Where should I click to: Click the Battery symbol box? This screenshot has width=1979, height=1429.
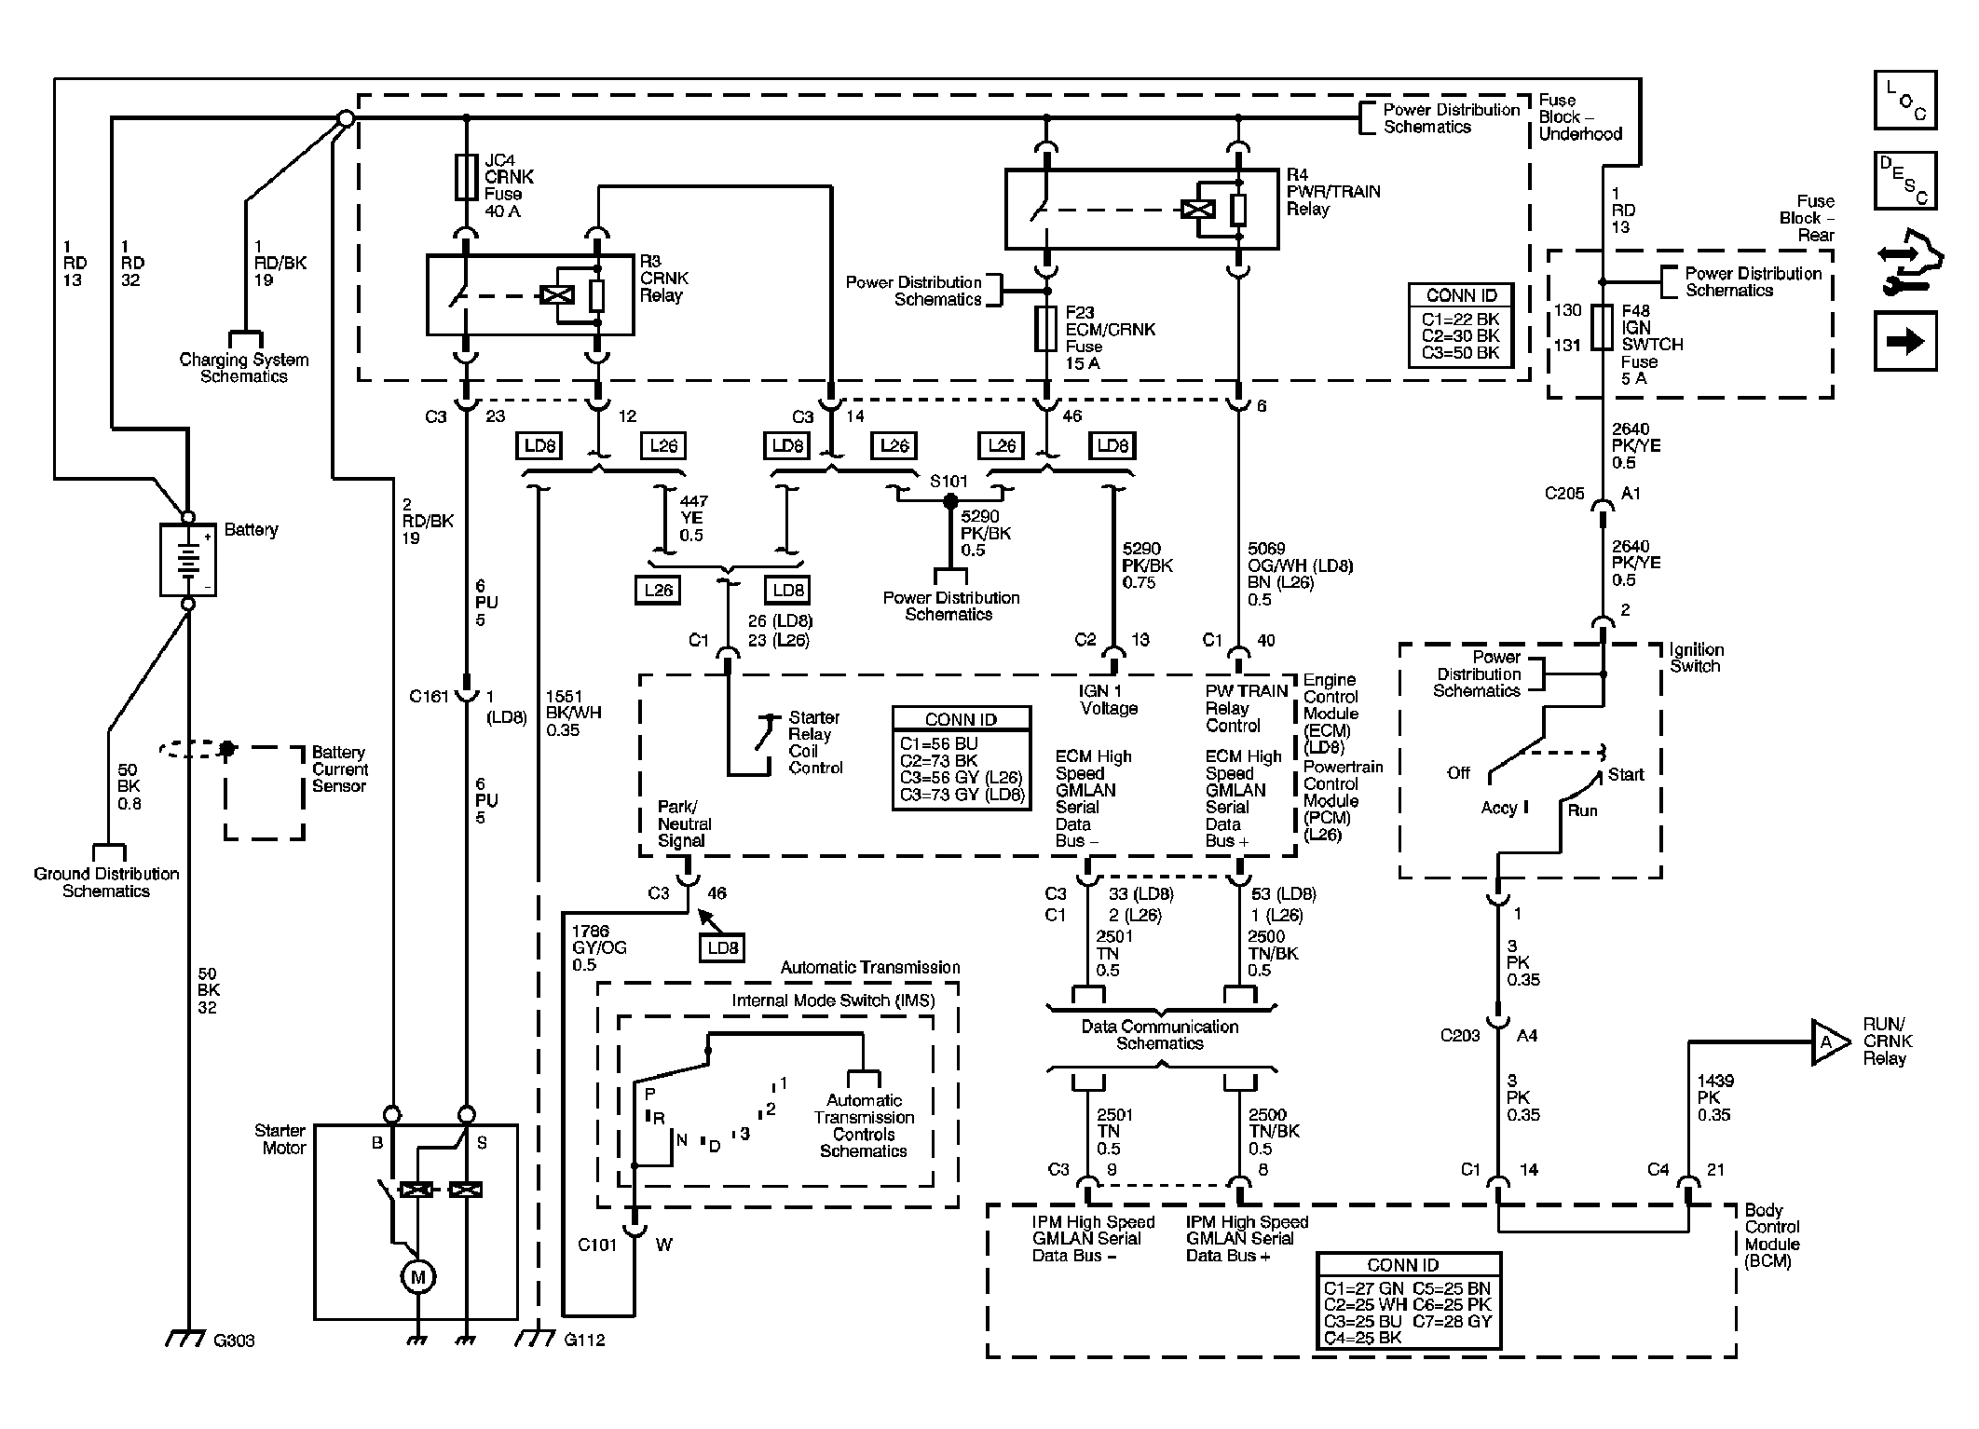pos(188,560)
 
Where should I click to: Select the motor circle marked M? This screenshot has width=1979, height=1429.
pos(417,1276)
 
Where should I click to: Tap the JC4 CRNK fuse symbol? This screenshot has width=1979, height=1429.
pos(467,177)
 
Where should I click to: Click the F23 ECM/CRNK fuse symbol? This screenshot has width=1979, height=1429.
pos(1046,329)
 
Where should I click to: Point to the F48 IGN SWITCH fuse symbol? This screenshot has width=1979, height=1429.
pos(1602,327)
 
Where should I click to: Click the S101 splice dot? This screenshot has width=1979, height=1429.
pos(950,501)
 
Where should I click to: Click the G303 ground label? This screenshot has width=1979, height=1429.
pos(234,1341)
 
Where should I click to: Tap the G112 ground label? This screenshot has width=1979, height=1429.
pos(584,1340)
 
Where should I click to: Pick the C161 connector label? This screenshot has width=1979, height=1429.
pos(429,696)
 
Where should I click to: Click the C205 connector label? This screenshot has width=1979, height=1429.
pos(1563,494)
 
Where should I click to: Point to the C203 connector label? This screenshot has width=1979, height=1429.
pos(1460,1035)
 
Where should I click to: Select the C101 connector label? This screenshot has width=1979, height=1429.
pos(597,1245)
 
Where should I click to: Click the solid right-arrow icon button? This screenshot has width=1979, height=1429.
pos(1905,342)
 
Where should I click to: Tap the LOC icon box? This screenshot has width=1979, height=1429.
pos(1905,100)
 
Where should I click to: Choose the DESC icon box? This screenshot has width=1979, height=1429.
pos(1905,181)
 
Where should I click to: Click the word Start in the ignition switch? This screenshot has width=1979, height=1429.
pos(1626,774)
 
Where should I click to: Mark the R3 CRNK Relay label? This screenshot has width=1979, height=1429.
pos(664,279)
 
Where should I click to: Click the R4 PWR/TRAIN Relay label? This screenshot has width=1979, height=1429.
pos(1333,192)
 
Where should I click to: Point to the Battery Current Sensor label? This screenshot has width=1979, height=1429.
pos(340,769)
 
